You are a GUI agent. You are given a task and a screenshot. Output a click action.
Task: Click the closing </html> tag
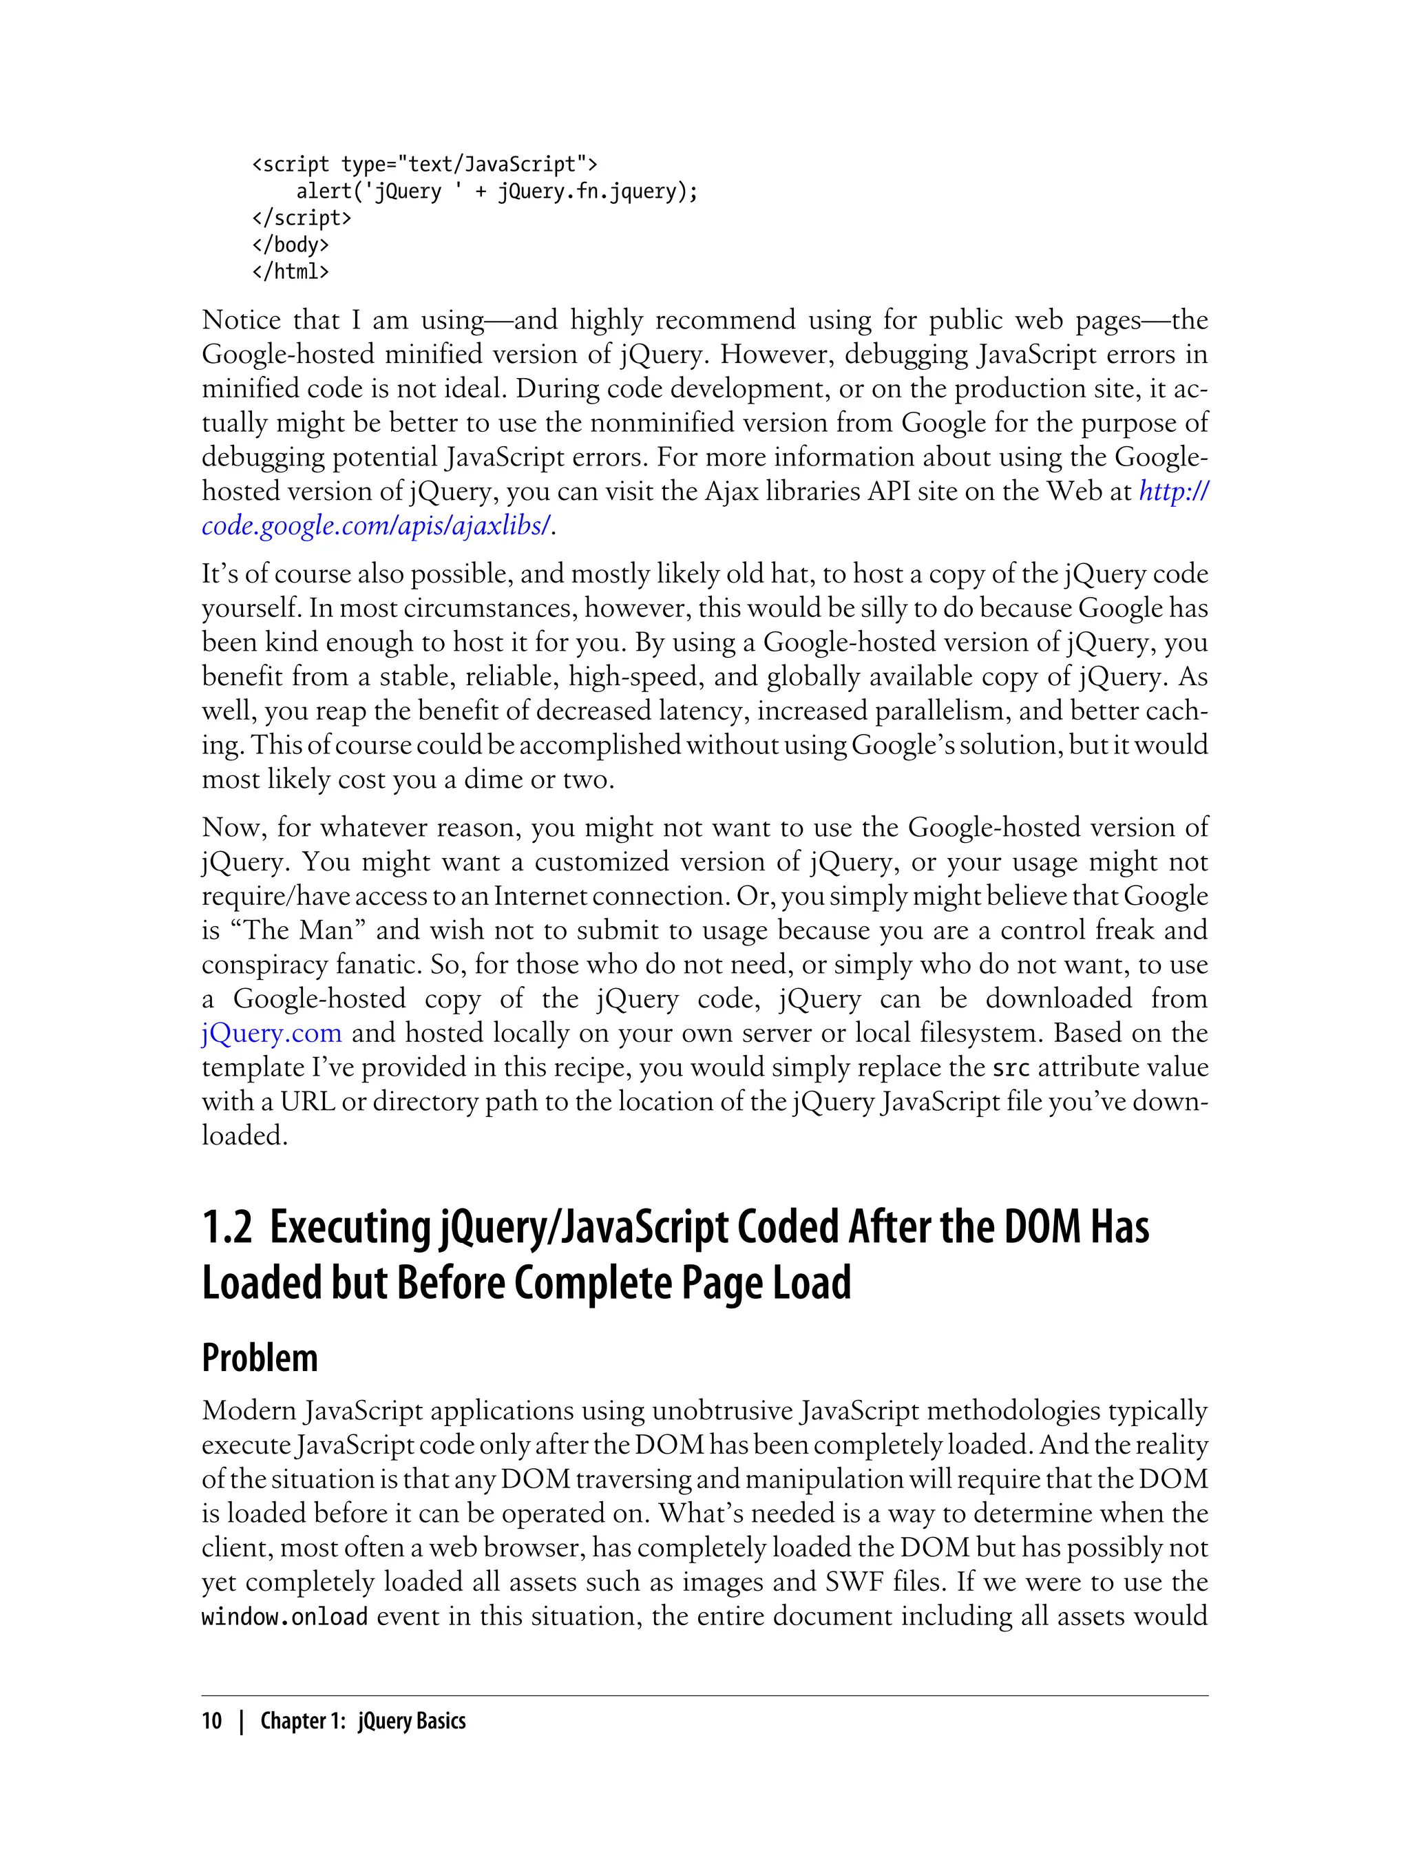(x=291, y=271)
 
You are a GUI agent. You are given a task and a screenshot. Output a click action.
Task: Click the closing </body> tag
(x=291, y=244)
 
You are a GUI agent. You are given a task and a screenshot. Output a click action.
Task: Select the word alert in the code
(x=323, y=191)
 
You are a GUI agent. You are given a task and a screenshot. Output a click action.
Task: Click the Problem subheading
(x=260, y=1357)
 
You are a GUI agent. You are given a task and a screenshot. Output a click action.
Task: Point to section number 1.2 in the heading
(x=227, y=1226)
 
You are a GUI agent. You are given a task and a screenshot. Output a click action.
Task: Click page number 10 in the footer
(x=211, y=1720)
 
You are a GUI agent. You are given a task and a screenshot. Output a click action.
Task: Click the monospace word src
(x=1010, y=1068)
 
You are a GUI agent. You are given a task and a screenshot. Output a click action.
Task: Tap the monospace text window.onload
(x=284, y=1616)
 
